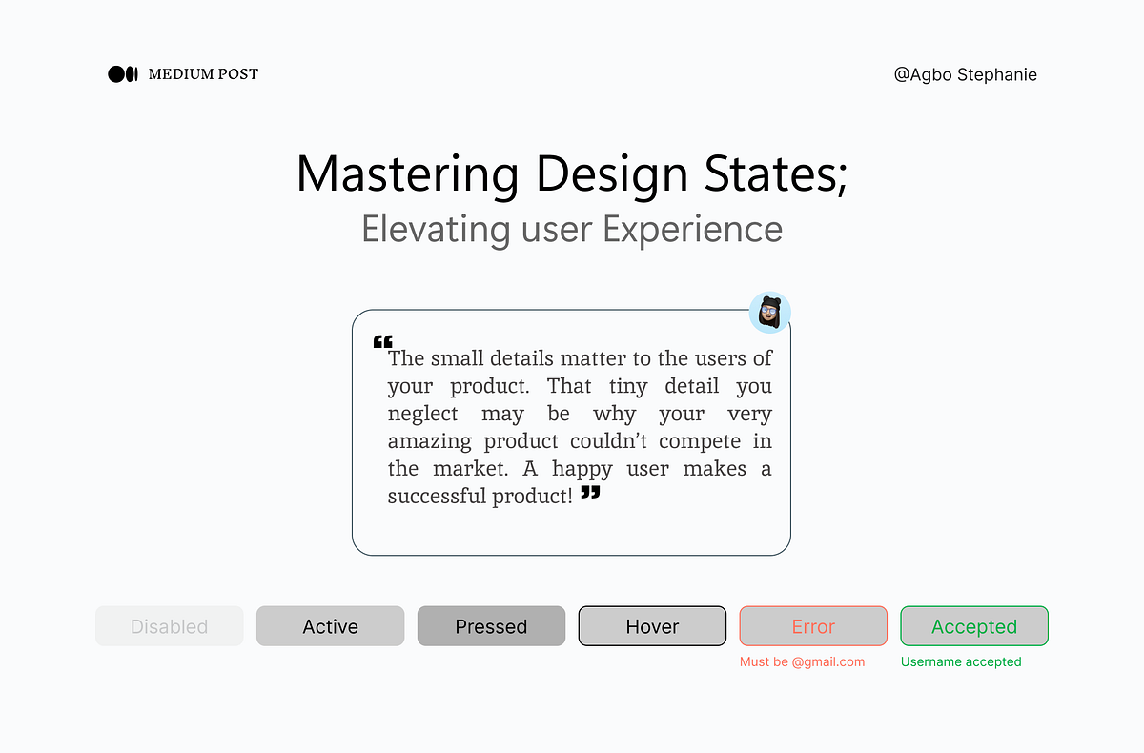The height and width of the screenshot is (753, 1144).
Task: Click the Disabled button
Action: point(170,626)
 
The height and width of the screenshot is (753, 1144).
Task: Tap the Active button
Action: point(330,626)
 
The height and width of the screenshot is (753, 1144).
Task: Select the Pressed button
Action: point(491,626)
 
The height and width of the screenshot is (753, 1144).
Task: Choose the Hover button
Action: point(652,626)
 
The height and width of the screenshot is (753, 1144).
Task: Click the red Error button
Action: point(813,626)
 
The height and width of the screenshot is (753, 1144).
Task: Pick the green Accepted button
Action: point(974,626)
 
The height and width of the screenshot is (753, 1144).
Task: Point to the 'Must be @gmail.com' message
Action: point(802,661)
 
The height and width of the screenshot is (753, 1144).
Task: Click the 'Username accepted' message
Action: point(961,661)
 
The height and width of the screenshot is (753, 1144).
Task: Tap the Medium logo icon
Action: point(123,74)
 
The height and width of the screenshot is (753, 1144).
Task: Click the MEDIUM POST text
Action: point(203,74)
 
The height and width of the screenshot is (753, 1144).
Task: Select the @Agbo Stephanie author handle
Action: point(965,74)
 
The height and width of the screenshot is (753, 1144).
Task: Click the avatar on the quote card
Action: point(770,313)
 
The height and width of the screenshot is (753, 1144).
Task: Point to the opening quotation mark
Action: point(382,341)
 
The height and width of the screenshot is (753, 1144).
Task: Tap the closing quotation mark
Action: point(591,492)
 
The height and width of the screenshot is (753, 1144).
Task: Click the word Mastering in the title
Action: point(407,174)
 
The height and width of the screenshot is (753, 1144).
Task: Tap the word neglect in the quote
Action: point(422,415)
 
